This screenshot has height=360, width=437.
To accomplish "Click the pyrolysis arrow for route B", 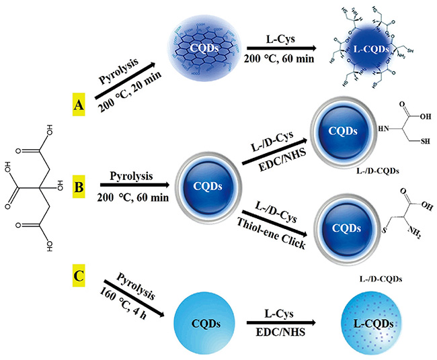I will point(132,182).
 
